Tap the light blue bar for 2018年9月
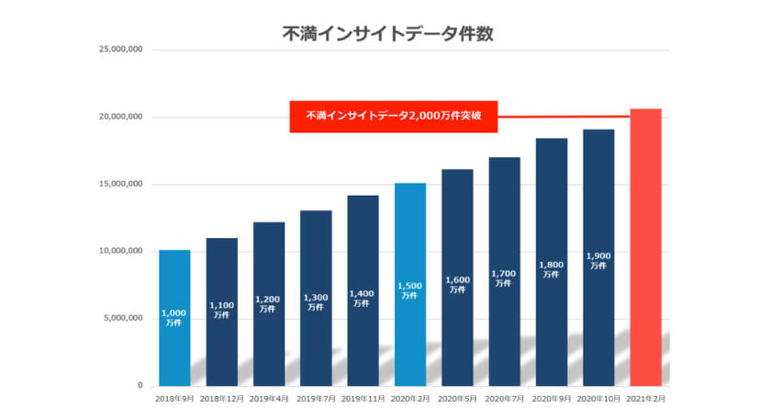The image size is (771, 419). pyautogui.click(x=174, y=317)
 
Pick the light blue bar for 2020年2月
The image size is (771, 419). pyautogui.click(x=409, y=284)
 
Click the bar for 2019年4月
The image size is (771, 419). pyautogui.click(x=269, y=303)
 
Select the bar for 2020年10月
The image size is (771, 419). pyautogui.click(x=598, y=257)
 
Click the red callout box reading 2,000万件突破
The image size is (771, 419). pyautogui.click(x=393, y=117)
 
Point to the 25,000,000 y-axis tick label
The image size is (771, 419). pyautogui.click(x=121, y=51)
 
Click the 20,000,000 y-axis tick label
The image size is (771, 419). pyautogui.click(x=121, y=118)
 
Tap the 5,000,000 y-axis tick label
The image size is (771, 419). pyautogui.click(x=123, y=319)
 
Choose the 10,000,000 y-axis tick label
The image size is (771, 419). pyautogui.click(x=121, y=252)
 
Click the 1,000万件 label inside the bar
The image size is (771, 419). pyautogui.click(x=174, y=318)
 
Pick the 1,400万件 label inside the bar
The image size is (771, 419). pyautogui.click(x=363, y=298)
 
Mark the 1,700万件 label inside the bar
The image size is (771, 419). pyautogui.click(x=504, y=278)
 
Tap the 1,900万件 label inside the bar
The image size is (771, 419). pyautogui.click(x=598, y=260)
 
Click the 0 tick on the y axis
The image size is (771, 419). pyautogui.click(x=140, y=386)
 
